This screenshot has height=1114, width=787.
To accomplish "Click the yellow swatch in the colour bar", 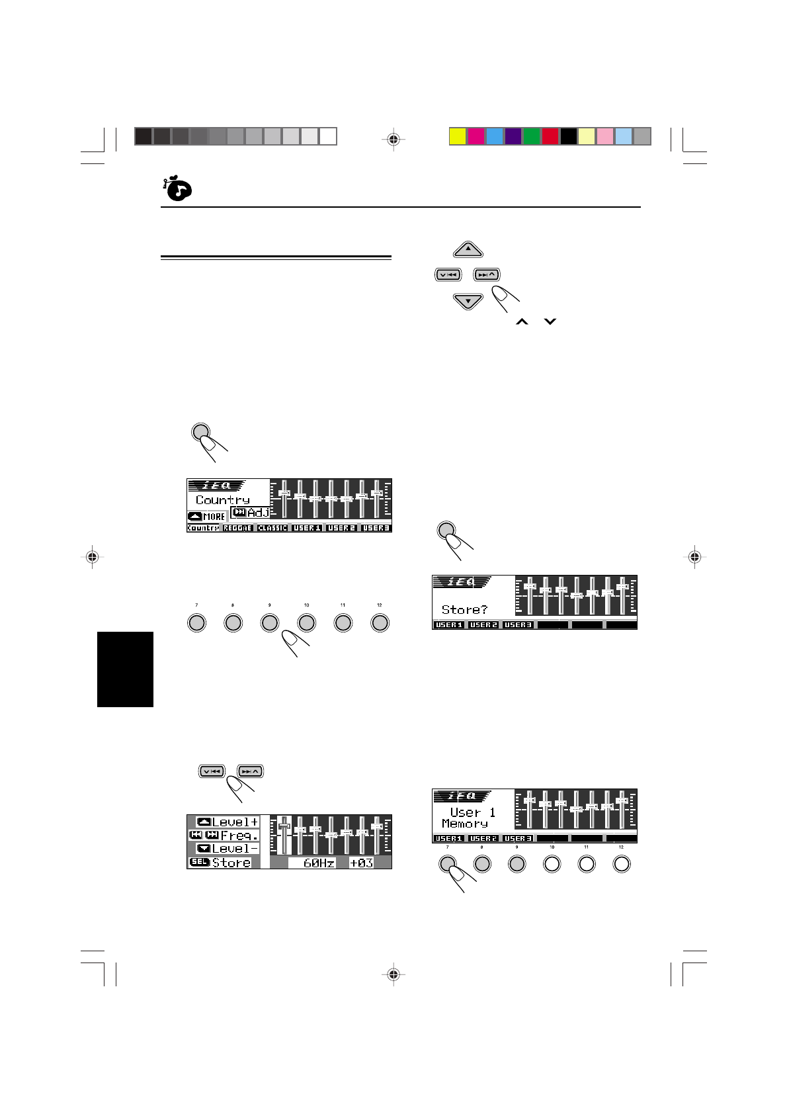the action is [458, 136].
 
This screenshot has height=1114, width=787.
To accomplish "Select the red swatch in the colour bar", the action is [550, 136].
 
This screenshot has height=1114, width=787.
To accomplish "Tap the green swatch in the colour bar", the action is [532, 136].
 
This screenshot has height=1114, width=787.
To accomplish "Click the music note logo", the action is [177, 189].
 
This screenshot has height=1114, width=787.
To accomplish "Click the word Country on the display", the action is [223, 500].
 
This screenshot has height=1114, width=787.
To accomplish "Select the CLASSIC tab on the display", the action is [272, 528].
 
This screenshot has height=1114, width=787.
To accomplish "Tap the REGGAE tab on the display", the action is [237, 528].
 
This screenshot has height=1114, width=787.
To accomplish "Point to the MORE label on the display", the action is [214, 517].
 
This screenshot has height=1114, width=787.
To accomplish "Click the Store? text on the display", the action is [464, 609].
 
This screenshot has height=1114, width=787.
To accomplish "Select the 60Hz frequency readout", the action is [319, 863].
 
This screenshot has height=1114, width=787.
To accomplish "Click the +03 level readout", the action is [361, 863].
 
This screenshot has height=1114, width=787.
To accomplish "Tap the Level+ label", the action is [235, 822].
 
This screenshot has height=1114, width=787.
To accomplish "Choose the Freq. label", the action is [239, 835].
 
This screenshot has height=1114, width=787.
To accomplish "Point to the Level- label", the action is [235, 849].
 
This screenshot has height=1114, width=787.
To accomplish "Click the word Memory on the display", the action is [465, 824].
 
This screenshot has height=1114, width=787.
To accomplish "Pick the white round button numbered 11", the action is [587, 863].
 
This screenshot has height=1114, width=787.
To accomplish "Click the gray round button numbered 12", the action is [380, 622].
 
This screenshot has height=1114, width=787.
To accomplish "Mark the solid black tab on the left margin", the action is [125, 669].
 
